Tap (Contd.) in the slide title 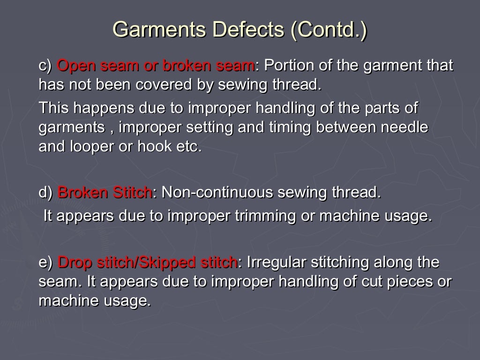point(329,29)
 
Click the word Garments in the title point(159,29)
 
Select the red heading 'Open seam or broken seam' point(156,66)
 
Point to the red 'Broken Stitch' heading point(105,193)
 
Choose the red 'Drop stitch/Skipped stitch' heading point(147,262)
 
